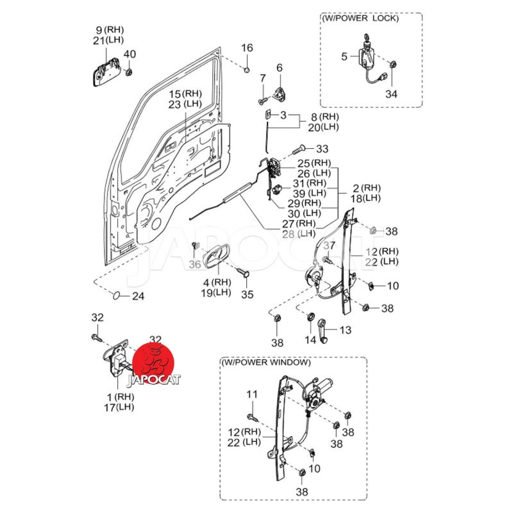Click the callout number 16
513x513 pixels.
click(x=248, y=48)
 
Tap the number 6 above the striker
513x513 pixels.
click(x=280, y=68)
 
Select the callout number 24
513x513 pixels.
click(x=139, y=296)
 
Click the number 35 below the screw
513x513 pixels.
click(x=248, y=294)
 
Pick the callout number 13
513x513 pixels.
click(x=346, y=330)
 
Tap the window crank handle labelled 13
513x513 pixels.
click(x=324, y=332)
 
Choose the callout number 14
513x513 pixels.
click(x=310, y=340)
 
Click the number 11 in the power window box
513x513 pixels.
click(x=251, y=394)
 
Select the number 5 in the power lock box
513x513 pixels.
click(x=344, y=56)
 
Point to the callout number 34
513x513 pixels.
click(x=391, y=94)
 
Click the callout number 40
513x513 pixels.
click(x=130, y=54)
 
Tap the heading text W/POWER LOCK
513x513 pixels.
click(x=360, y=18)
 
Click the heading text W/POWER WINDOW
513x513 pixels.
click(x=266, y=362)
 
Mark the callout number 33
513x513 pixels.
click(x=321, y=148)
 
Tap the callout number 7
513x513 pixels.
click(x=262, y=78)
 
